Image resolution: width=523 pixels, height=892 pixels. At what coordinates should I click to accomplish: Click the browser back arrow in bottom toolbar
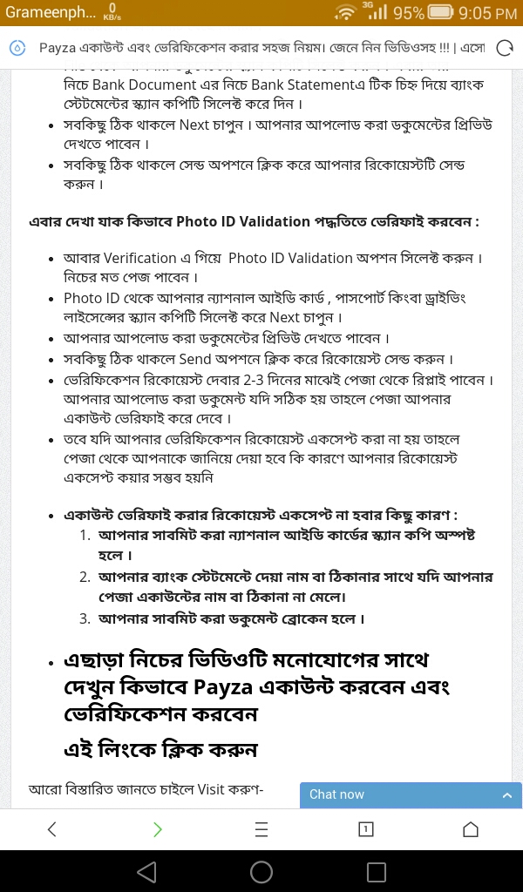click(51, 829)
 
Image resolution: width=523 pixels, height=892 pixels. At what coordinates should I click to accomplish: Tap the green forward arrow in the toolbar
click(157, 829)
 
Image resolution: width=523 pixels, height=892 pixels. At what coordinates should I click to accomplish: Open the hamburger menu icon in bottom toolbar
click(261, 829)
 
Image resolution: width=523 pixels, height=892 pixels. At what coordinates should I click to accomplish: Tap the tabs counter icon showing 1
click(366, 829)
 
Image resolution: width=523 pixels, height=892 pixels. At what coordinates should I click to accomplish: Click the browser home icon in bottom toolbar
click(471, 829)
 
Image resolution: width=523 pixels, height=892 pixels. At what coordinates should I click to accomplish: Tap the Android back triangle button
click(146, 871)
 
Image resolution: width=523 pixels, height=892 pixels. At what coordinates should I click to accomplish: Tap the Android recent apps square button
click(377, 871)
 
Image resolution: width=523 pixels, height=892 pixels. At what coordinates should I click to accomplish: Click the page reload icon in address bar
click(504, 48)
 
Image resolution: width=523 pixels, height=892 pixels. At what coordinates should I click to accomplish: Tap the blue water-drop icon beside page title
click(17, 48)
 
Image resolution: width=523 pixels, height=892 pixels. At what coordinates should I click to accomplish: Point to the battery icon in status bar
click(441, 13)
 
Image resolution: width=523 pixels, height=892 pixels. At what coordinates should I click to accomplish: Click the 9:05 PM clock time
click(487, 13)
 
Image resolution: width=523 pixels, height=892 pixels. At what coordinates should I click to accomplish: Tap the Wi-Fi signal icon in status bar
click(346, 13)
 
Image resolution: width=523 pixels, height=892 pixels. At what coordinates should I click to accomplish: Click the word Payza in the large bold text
click(223, 687)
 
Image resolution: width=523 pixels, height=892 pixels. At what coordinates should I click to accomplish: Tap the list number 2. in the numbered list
click(85, 578)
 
